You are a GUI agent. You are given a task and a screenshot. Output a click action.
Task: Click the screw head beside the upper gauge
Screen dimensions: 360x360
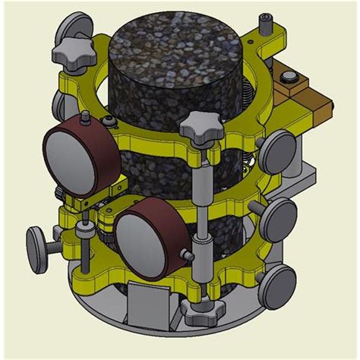pyautogui.click(x=112, y=122)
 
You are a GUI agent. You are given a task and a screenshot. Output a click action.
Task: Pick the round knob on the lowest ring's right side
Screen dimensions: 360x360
pyautogui.click(x=276, y=285)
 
